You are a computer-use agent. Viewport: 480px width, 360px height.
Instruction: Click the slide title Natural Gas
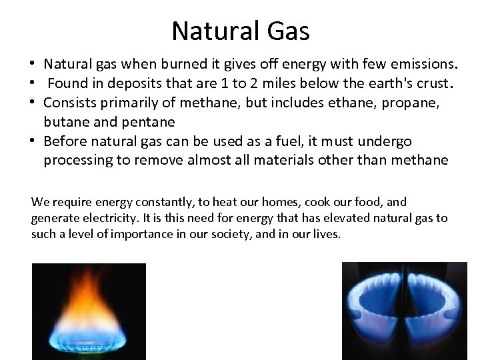coord(240,30)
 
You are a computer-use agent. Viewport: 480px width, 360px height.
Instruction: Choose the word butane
coord(64,123)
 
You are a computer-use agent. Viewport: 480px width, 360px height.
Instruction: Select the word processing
coord(74,161)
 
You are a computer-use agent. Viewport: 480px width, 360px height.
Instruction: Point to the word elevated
coord(350,219)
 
